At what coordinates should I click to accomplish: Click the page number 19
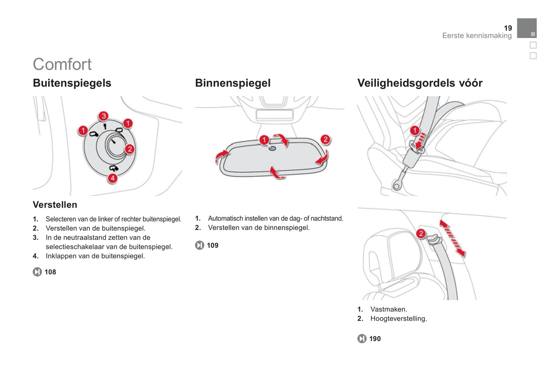click(x=508, y=28)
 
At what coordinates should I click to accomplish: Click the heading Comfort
click(x=62, y=64)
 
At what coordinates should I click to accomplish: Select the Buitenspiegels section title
click(x=72, y=83)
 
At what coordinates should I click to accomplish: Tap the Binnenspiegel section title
click(x=233, y=83)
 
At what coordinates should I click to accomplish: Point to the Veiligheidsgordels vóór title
click(x=419, y=83)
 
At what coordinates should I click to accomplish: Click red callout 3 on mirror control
click(x=104, y=116)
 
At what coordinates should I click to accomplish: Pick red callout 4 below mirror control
click(x=113, y=178)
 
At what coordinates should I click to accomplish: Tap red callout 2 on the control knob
click(x=130, y=149)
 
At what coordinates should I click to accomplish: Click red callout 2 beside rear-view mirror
click(x=325, y=140)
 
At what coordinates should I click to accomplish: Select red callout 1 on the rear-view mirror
click(x=264, y=140)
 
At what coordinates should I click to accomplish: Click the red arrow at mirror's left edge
click(x=222, y=155)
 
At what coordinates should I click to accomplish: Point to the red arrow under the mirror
click(x=277, y=172)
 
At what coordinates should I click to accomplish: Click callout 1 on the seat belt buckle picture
click(x=414, y=131)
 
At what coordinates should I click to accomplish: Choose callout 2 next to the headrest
click(x=421, y=233)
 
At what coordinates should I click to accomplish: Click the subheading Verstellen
click(x=55, y=205)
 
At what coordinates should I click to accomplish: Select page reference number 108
click(x=50, y=272)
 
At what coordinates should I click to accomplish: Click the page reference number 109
click(x=212, y=246)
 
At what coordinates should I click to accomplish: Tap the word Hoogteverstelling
click(x=399, y=319)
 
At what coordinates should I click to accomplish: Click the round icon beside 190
click(x=362, y=339)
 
